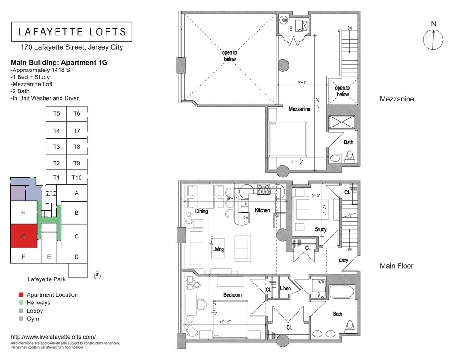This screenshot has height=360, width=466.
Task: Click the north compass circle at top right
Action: [433, 40]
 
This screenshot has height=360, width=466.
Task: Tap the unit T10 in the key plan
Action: [76, 177]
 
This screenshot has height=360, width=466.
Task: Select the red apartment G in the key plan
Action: [24, 236]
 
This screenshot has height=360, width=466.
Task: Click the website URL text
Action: [53, 337]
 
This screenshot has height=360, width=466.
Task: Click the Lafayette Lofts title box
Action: [71, 32]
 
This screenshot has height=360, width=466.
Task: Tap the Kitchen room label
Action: [262, 210]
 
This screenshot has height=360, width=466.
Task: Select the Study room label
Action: [321, 229]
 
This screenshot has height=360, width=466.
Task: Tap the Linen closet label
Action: [285, 289]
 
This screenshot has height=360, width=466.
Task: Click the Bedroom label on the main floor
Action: [232, 295]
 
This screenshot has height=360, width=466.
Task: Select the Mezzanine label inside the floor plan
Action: [299, 109]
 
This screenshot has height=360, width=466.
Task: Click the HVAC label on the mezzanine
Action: [299, 30]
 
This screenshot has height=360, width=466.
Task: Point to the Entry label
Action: [344, 260]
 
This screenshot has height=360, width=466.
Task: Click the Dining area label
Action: [201, 211]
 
